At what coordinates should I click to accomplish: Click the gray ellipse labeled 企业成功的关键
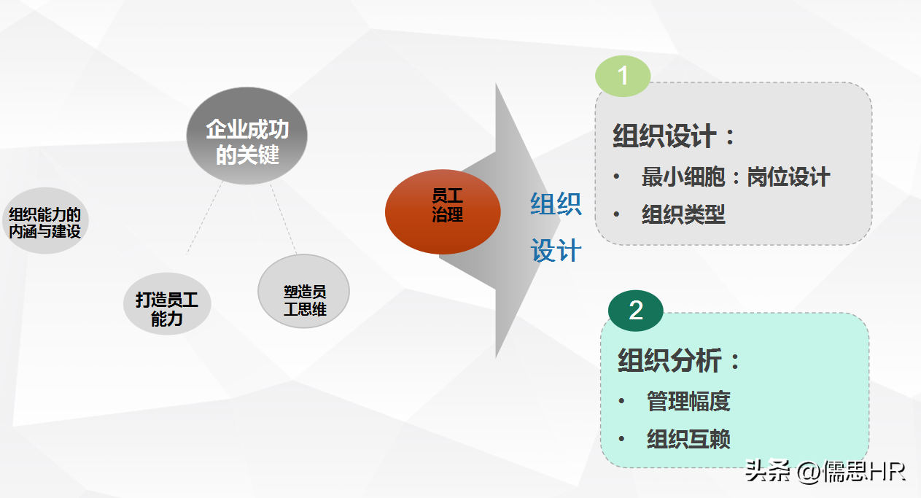pos(246,136)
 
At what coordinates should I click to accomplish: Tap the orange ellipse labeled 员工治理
pos(443,211)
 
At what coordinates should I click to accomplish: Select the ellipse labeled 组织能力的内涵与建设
pos(45,221)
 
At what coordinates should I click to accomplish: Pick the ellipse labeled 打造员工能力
pos(167,303)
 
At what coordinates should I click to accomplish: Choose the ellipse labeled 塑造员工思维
pos(304,291)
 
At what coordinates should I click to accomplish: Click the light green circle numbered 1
pos(623,76)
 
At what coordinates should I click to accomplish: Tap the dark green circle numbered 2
pos(636,311)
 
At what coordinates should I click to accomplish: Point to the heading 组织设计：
pos(674,136)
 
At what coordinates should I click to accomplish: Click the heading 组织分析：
pos(679,360)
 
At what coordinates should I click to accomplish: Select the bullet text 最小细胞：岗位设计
pos(736,177)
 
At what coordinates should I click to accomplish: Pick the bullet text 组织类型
pos(683,214)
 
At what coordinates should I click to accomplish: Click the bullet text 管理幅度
pos(688,401)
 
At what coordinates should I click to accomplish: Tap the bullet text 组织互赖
pos(688,439)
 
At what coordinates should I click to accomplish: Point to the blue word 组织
pos(556,204)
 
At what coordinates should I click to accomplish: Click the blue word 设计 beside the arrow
pos(556,250)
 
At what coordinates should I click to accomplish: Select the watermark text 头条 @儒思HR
pos(825,471)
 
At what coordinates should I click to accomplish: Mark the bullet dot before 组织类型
pos(616,214)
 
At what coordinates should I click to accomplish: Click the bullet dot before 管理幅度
pos(622,401)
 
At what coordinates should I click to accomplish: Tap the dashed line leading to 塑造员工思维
pos(283,219)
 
